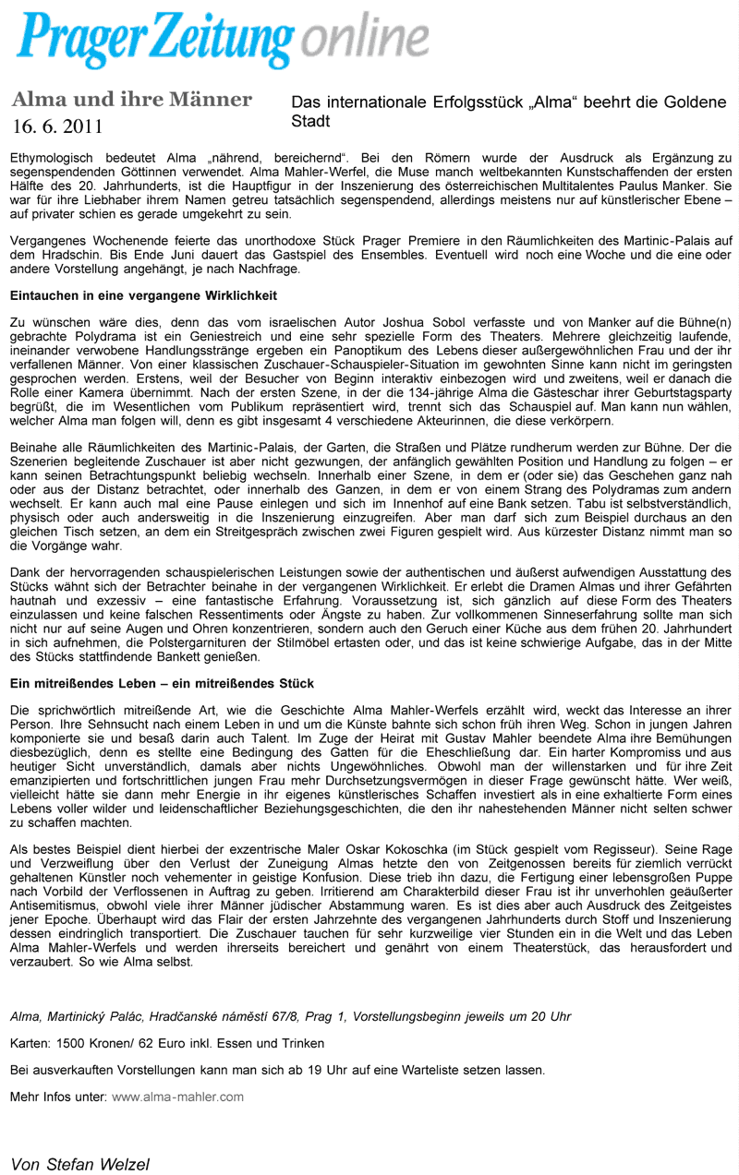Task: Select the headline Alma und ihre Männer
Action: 131,100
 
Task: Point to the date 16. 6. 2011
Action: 57,126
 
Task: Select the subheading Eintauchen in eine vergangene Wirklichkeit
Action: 143,295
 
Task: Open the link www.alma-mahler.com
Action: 178,1097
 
